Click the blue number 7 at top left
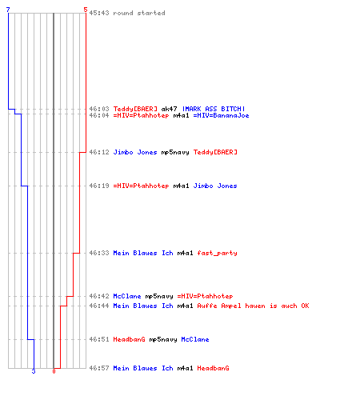8,10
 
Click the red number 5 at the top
86,10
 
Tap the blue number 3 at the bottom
34,371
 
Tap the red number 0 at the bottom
54,371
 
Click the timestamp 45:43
99,13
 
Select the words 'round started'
139,13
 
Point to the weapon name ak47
169,109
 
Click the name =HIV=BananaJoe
221,115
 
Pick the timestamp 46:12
99,152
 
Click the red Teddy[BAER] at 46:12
215,152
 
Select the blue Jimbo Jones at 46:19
215,186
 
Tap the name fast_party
217,253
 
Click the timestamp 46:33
99,253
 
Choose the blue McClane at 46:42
127,296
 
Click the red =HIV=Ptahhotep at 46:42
205,296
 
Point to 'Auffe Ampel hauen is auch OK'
253,306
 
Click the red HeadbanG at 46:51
129,339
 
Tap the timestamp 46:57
99,368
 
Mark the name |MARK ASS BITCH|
214,109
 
